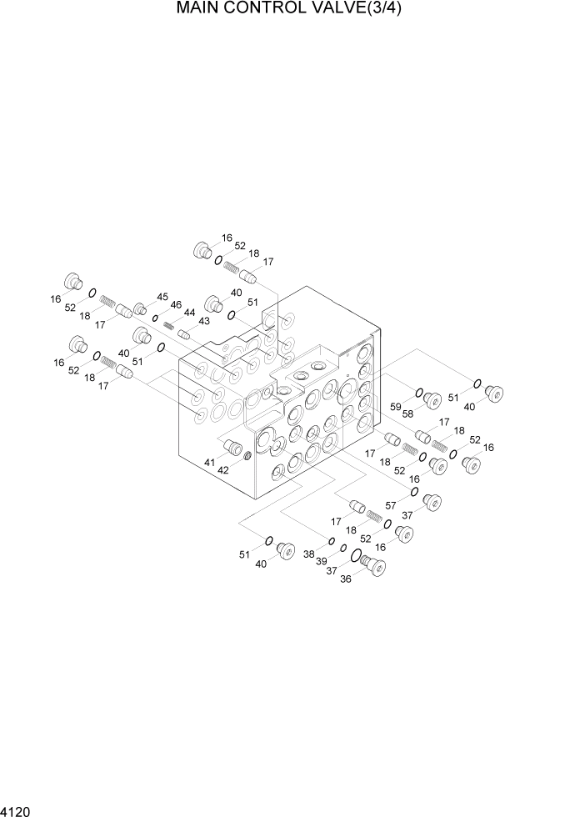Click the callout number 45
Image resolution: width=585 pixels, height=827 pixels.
(162, 298)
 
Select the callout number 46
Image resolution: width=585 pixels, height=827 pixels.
(175, 306)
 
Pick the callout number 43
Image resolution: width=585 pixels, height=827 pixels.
(203, 321)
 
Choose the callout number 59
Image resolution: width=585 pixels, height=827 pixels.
(397, 406)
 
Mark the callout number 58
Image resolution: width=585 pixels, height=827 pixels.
(409, 413)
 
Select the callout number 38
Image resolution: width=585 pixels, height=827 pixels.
(308, 554)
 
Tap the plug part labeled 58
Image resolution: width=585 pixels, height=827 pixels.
(432, 401)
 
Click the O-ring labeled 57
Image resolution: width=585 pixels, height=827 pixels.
(413, 494)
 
